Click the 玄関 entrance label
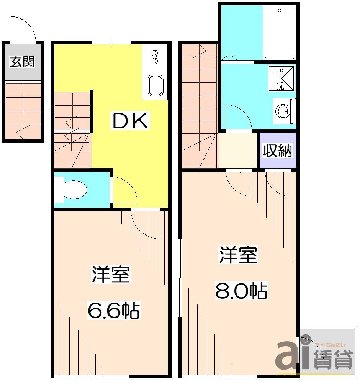tap(22, 62)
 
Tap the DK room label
tap(129, 121)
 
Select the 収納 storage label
tap(277, 151)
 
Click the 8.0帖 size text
tap(241, 291)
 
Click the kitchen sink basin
tap(155, 85)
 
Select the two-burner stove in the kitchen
tap(155, 57)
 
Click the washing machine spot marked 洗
tap(281, 79)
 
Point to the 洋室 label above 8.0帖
tap(238, 255)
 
